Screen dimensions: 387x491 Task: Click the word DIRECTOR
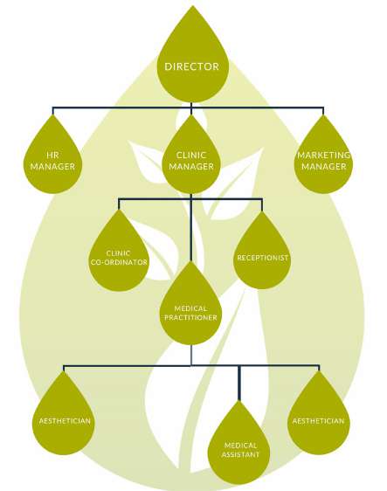[x=191, y=66]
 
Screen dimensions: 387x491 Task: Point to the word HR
[x=52, y=155]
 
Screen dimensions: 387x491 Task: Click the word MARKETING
[x=324, y=155]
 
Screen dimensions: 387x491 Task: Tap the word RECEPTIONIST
[x=262, y=258]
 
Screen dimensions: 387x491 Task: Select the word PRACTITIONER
[x=190, y=317]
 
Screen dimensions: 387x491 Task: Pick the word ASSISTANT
[x=240, y=454]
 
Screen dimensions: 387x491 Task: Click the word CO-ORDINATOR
[x=119, y=262]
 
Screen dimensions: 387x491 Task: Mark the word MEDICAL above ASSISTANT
[x=241, y=446]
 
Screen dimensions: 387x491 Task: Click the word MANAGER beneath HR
[x=52, y=166]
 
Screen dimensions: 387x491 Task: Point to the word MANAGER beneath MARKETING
[x=324, y=166]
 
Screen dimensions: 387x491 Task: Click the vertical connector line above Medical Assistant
[x=239, y=384]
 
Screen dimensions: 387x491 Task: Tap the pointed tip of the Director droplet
[x=193, y=6]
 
